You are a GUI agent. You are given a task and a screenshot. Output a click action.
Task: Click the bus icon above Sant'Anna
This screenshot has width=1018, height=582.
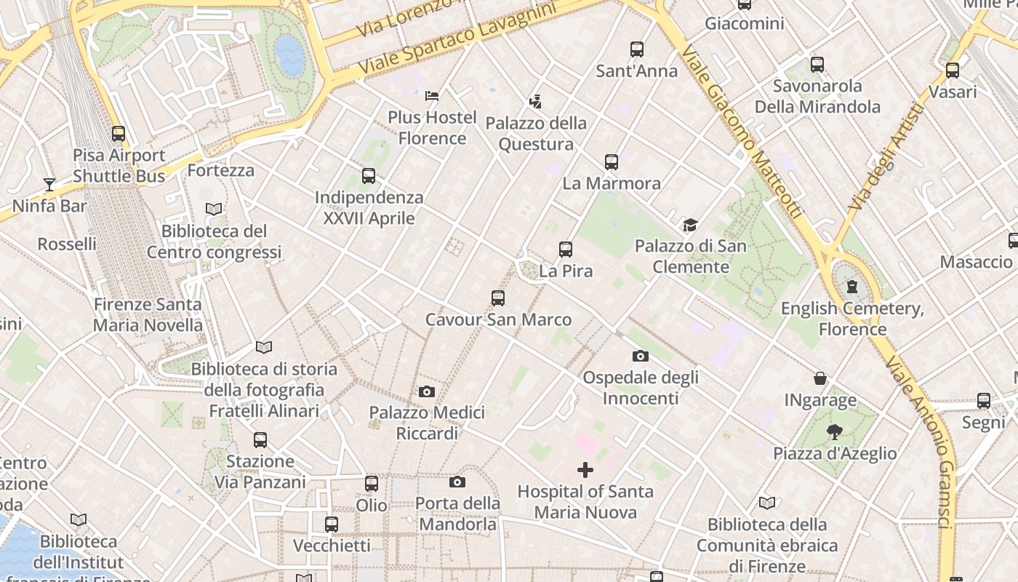(x=637, y=49)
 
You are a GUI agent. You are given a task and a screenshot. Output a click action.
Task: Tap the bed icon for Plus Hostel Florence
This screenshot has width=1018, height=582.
(x=432, y=95)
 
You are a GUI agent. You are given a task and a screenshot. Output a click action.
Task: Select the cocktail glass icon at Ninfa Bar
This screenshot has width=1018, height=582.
(x=49, y=184)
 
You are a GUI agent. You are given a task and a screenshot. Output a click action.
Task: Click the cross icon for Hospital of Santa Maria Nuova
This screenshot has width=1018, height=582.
(x=585, y=470)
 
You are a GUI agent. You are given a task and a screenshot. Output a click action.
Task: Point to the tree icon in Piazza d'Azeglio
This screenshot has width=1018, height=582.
(x=835, y=432)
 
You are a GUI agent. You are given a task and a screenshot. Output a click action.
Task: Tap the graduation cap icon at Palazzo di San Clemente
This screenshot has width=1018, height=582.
(x=689, y=225)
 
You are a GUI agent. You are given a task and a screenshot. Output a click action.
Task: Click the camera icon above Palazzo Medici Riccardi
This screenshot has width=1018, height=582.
(x=427, y=392)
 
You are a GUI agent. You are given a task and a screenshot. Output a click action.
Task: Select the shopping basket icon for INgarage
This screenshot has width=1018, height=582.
(x=820, y=378)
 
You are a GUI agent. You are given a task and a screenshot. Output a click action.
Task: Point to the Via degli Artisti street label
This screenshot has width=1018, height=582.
(x=885, y=156)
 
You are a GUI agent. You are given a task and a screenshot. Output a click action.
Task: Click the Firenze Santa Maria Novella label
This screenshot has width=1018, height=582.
(x=148, y=314)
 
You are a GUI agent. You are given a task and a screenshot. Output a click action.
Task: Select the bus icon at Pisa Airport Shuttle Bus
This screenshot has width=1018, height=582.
(x=119, y=134)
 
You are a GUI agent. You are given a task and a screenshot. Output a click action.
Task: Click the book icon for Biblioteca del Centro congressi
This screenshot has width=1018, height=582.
(x=214, y=210)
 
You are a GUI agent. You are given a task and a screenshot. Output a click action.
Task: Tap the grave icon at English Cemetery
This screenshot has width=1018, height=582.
(x=852, y=287)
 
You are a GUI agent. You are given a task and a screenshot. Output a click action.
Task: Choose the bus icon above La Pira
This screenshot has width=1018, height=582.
(x=566, y=250)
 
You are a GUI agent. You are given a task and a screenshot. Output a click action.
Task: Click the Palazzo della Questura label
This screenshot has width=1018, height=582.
(x=536, y=133)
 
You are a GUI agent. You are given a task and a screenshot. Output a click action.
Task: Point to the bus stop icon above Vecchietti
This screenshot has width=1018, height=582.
(x=332, y=525)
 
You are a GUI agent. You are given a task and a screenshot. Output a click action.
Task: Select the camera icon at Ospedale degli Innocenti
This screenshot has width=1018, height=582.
(x=640, y=356)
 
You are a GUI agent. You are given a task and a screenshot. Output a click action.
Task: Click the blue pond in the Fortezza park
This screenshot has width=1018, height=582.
(x=290, y=55)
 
